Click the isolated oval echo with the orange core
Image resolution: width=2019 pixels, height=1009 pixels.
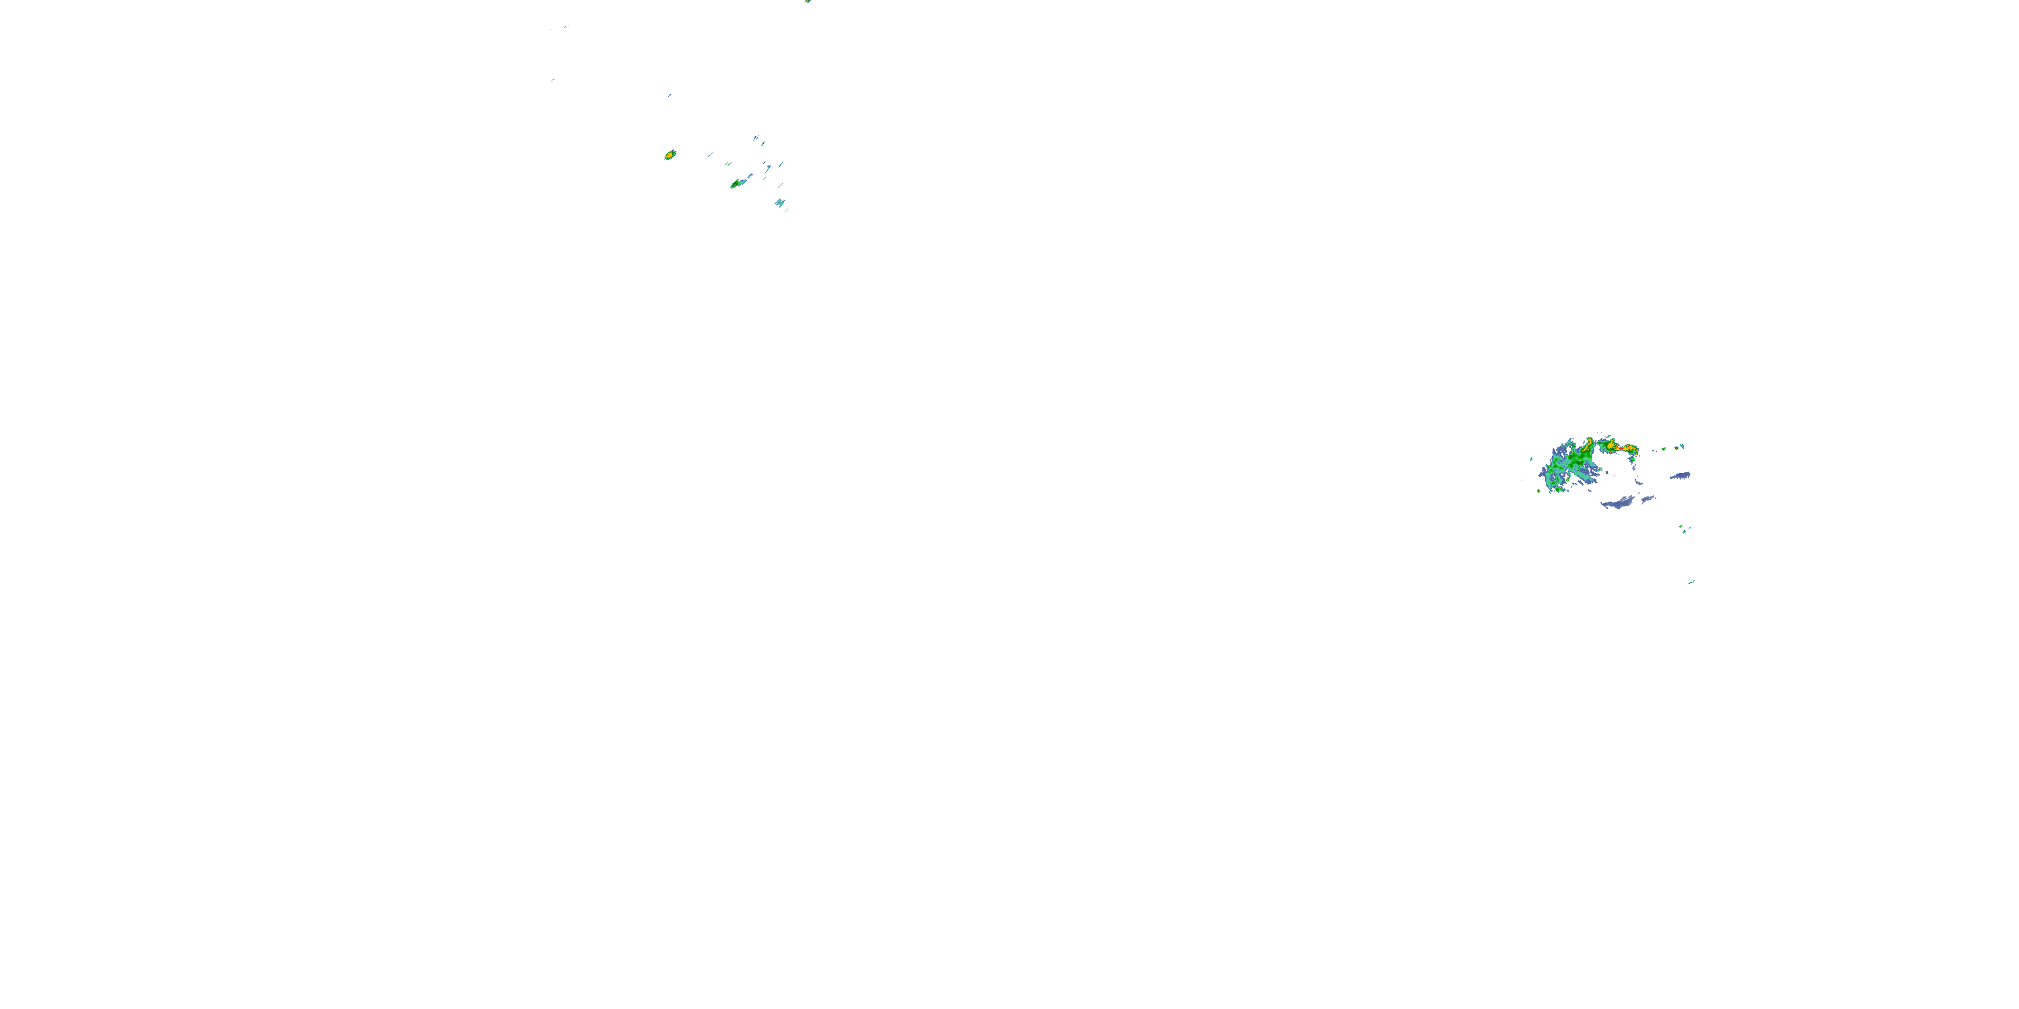click(670, 155)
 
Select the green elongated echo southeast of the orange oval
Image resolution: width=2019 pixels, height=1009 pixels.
click(737, 184)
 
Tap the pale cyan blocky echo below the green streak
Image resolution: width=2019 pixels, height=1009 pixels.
click(779, 203)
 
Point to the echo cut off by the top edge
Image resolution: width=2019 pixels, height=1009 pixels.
click(808, 1)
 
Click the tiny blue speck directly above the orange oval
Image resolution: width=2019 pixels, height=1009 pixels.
click(668, 96)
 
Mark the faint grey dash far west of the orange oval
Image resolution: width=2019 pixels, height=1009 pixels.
click(553, 80)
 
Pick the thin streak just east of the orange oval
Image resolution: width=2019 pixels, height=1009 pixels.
click(711, 153)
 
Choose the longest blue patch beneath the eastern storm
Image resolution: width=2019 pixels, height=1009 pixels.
click(1619, 503)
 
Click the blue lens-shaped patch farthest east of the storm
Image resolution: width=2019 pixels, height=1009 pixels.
click(1680, 476)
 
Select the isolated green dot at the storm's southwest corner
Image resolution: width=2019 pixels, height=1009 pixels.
click(1538, 491)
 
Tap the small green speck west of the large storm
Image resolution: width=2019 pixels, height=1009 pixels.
click(1532, 459)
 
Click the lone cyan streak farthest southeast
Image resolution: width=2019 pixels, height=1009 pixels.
click(1691, 581)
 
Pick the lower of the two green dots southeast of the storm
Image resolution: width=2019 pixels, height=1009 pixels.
click(1682, 532)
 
